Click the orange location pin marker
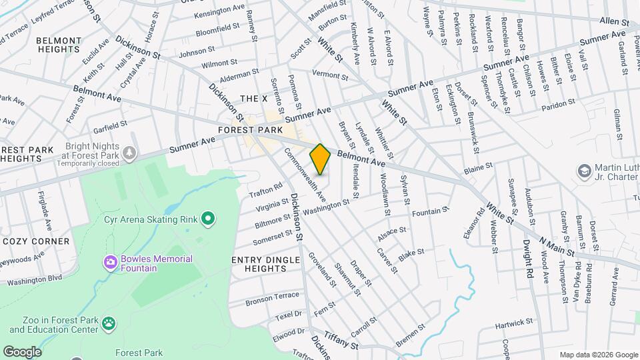click(x=320, y=159)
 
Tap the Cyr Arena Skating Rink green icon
click(x=208, y=218)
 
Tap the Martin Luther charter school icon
click(x=584, y=171)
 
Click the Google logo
click(x=23, y=351)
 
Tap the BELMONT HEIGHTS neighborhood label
click(x=58, y=45)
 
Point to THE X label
click(x=253, y=99)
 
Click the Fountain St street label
click(x=430, y=212)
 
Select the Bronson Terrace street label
click(x=272, y=301)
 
